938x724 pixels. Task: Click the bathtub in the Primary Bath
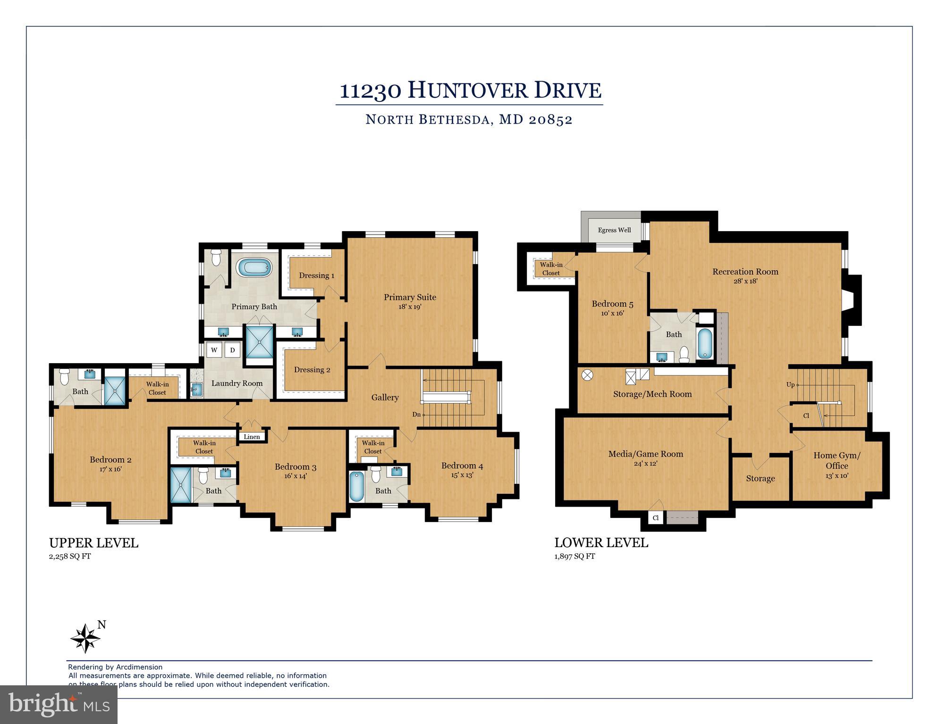255,268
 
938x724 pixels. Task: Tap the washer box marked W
214,350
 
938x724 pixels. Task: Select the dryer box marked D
232,350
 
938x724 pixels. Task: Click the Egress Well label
614,230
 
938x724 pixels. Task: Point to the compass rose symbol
85,639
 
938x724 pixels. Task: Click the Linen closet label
252,437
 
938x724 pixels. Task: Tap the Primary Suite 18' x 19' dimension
409,307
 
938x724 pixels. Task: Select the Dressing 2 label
312,370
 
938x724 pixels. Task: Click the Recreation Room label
745,272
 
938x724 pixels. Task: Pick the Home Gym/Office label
837,460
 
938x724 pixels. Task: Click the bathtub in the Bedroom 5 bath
705,343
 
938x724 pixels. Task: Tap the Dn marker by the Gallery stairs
416,415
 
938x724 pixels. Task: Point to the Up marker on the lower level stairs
790,385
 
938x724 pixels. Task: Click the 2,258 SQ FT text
70,556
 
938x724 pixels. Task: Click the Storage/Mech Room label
652,394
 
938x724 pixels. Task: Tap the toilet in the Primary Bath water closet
216,258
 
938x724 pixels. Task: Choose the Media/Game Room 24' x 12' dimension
645,464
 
